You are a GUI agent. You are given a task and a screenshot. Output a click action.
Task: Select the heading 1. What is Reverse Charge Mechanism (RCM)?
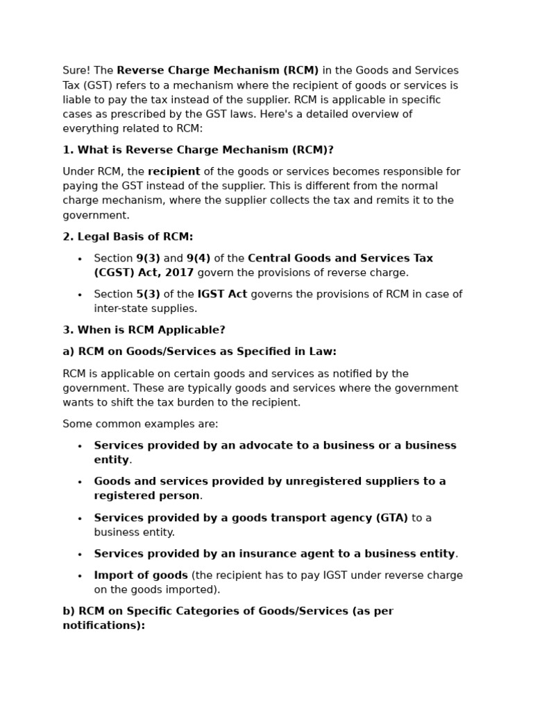click(198, 150)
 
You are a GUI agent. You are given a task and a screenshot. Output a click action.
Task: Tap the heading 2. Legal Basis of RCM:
click(128, 236)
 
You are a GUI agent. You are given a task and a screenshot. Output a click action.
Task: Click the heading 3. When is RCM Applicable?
click(144, 330)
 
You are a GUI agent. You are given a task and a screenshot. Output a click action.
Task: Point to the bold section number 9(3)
click(148, 259)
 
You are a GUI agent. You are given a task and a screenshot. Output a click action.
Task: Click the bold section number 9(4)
click(198, 259)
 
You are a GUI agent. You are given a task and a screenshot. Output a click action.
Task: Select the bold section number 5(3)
click(148, 295)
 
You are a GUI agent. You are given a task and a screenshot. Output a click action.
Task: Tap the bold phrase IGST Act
click(222, 295)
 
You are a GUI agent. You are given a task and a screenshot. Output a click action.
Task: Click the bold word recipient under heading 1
click(174, 172)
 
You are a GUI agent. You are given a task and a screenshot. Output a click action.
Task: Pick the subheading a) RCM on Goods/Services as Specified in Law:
click(199, 352)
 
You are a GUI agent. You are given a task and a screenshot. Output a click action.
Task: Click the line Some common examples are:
click(140, 424)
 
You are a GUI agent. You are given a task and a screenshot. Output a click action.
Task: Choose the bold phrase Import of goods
click(141, 575)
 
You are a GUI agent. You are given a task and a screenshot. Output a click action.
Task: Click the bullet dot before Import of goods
click(80, 576)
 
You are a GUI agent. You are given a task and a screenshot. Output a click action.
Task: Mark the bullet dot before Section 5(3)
click(80, 295)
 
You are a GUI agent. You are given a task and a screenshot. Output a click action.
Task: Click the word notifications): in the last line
click(104, 625)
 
